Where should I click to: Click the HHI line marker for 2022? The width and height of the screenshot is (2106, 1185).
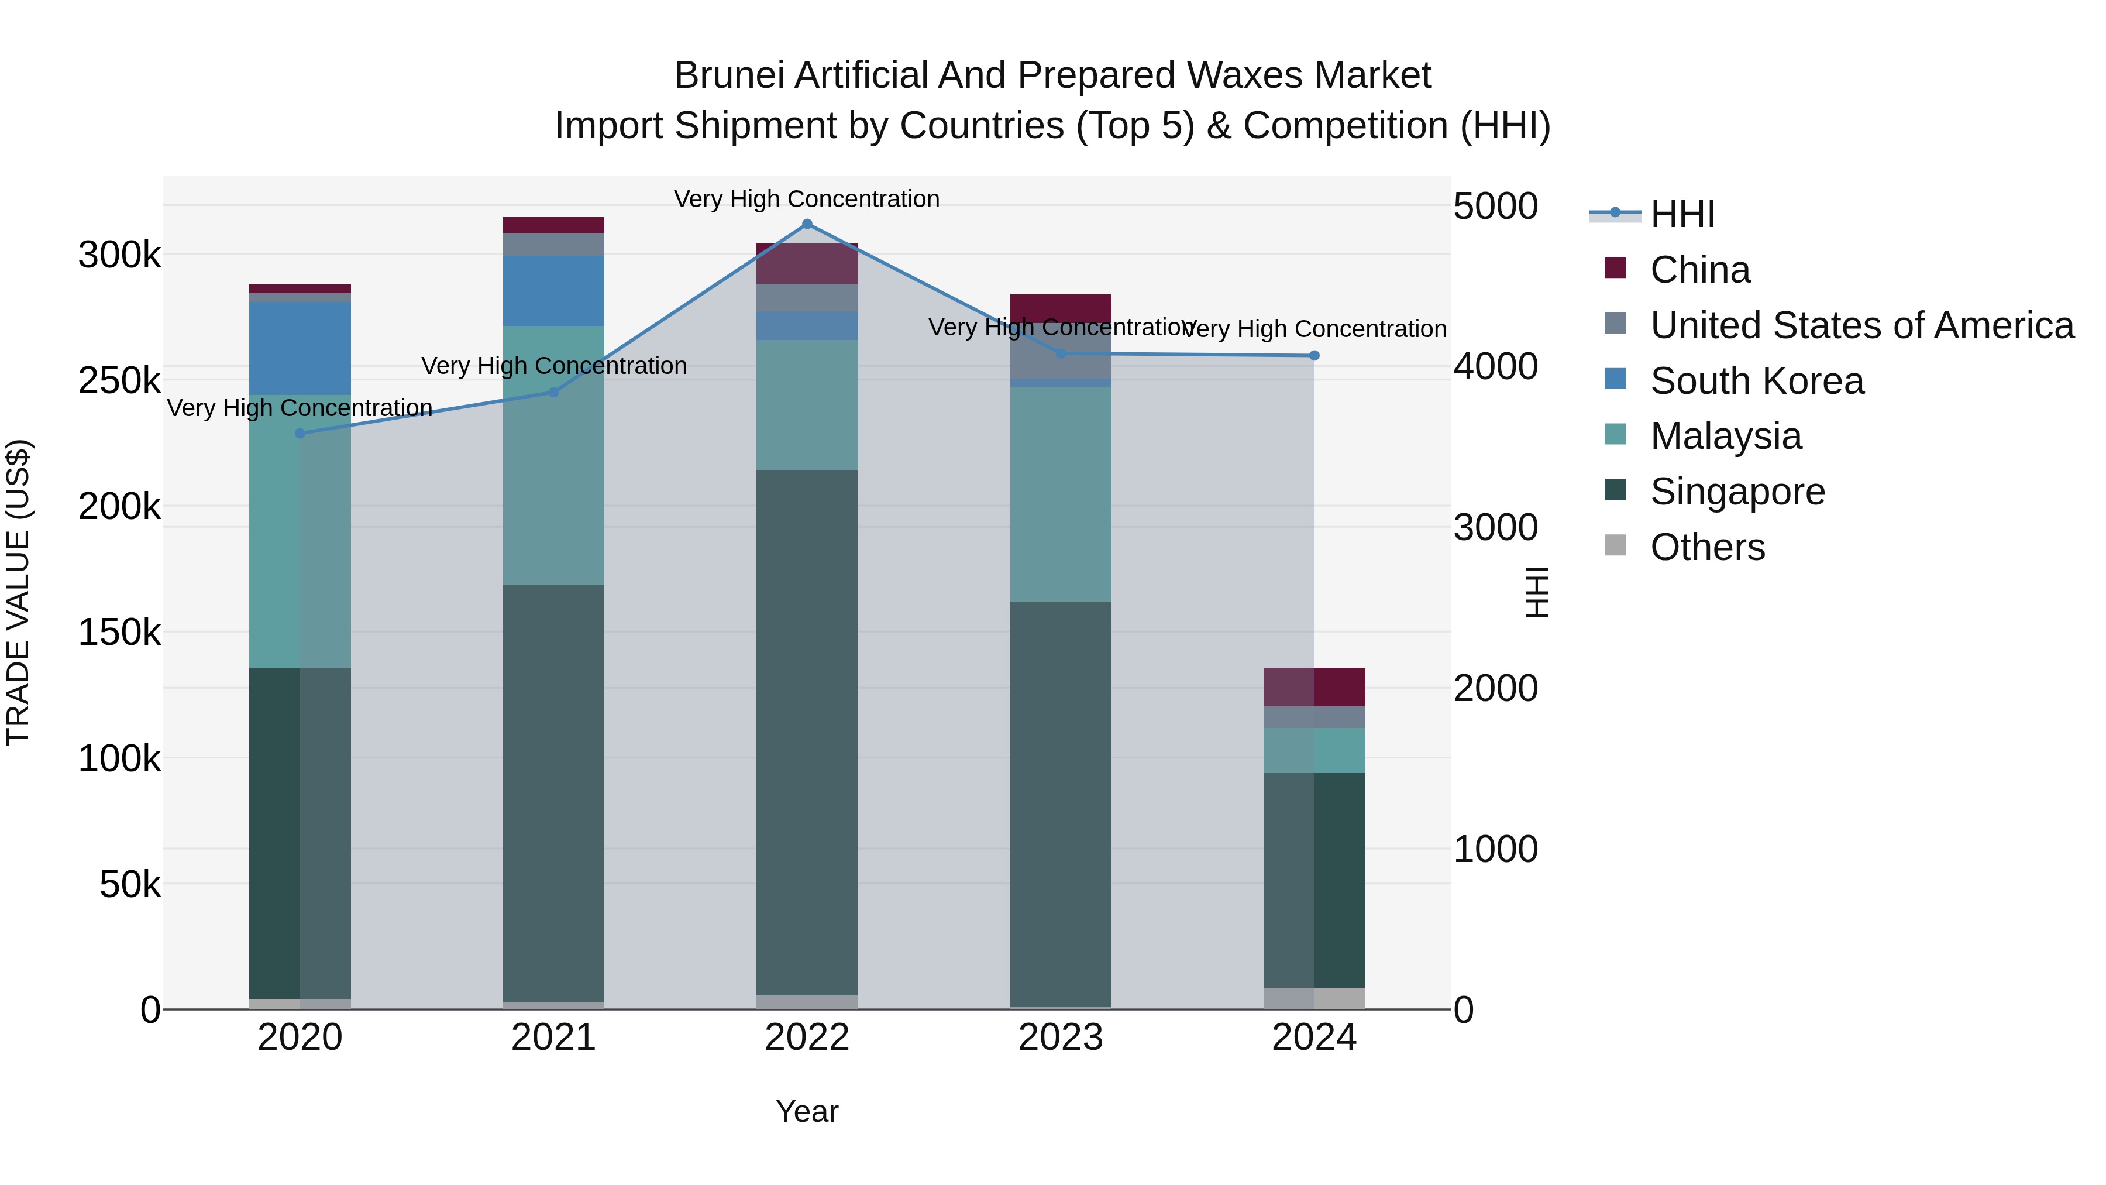pos(807,224)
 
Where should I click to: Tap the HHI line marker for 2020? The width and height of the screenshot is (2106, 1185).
pos(300,434)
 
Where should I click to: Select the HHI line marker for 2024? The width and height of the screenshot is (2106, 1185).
pos(1314,356)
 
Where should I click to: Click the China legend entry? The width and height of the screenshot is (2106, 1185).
pos(1699,270)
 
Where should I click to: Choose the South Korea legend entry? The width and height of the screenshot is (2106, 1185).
pos(1756,381)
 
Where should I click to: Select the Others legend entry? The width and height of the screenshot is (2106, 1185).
pos(1707,547)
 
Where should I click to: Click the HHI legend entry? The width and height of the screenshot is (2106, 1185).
pos(1682,214)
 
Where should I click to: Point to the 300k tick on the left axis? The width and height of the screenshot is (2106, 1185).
pos(119,255)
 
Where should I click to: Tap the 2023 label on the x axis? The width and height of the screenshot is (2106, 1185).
pos(1061,1038)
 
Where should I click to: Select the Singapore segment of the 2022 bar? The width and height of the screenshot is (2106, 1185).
pos(807,732)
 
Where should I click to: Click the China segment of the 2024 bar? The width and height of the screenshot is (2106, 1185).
pos(1314,687)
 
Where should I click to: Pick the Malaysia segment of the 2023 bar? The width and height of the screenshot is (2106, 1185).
pos(1061,494)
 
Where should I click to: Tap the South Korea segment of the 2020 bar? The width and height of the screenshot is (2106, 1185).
pos(300,348)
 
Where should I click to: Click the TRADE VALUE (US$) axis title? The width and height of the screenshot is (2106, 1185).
pos(18,592)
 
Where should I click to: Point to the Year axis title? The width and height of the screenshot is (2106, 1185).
pos(807,1111)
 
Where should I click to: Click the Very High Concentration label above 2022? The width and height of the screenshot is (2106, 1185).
pos(807,199)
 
